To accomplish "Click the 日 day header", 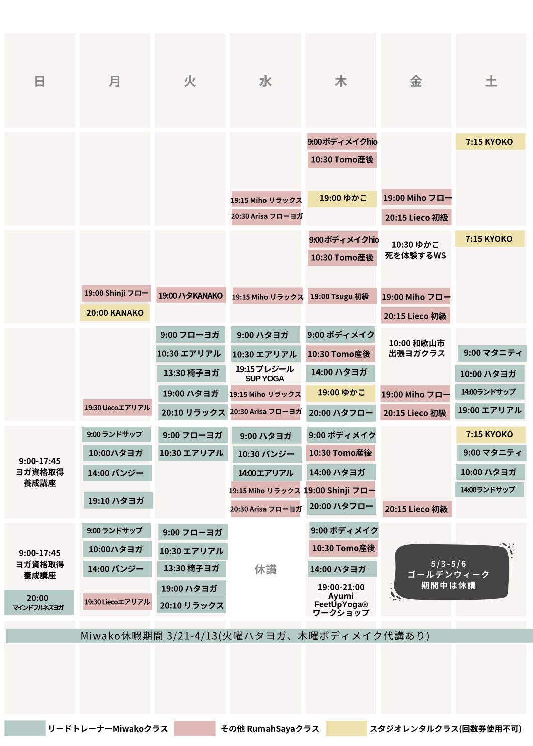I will pyautogui.click(x=40, y=81).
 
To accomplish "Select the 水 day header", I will pyautogui.click(x=265, y=81).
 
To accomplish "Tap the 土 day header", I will pyautogui.click(x=491, y=81).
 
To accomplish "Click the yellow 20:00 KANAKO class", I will pyautogui.click(x=115, y=313).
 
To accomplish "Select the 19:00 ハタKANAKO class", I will pyautogui.click(x=190, y=296).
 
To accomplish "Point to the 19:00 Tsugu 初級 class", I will pyautogui.click(x=340, y=297).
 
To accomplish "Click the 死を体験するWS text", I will pyautogui.click(x=415, y=255).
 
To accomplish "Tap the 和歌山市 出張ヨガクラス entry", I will pyautogui.click(x=417, y=348).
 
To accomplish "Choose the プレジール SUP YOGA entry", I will pyautogui.click(x=265, y=374).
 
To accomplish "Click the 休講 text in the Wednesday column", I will pyautogui.click(x=265, y=569).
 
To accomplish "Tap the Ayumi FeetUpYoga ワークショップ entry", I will pyautogui.click(x=341, y=600).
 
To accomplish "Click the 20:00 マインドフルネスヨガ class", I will pyautogui.click(x=38, y=602).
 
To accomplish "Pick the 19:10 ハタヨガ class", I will pyautogui.click(x=116, y=500).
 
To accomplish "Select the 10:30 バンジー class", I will pyautogui.click(x=266, y=454).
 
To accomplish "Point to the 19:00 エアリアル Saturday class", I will pyautogui.click(x=490, y=410).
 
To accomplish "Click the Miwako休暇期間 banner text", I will pyautogui.click(x=255, y=636).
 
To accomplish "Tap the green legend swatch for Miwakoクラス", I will pyautogui.click(x=24, y=728).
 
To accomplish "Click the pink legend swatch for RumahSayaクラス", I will pyautogui.click(x=195, y=728).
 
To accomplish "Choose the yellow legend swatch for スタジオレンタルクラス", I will pyautogui.click(x=346, y=728).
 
